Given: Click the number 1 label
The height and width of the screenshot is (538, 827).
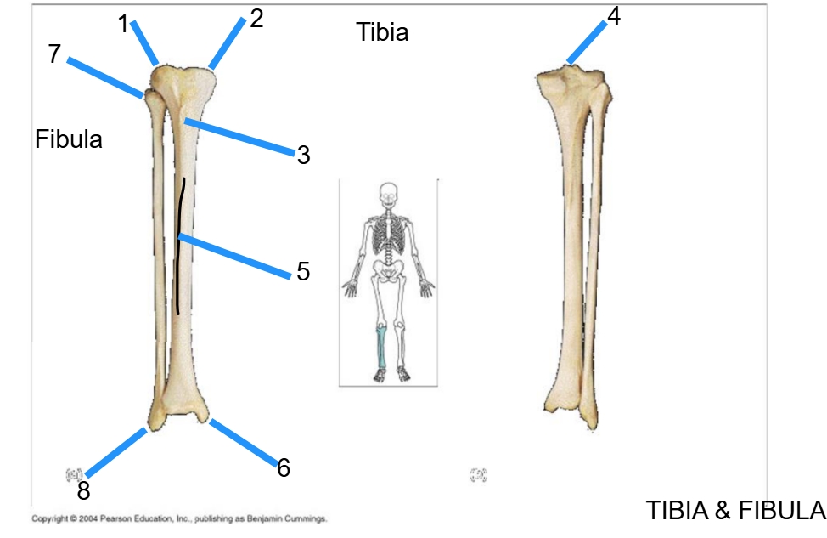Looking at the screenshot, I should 124,25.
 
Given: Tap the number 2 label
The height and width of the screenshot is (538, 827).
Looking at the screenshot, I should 256,19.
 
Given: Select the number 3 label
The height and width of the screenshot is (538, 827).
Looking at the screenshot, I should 303,156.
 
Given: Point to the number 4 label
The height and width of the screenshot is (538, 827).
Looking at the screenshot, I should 614,15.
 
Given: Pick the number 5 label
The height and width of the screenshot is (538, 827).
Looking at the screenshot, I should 303,272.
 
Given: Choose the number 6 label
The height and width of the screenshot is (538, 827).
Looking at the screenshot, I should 284,467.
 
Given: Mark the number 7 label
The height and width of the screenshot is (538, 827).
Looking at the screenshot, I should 55,54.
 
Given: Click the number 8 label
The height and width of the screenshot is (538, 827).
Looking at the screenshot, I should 83,490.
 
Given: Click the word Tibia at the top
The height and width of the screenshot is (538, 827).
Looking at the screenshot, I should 382,32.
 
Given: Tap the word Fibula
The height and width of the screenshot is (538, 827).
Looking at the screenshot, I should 69,139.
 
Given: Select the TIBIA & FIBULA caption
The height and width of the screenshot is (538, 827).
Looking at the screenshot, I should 735,510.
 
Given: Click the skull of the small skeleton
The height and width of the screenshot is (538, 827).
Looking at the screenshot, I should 388,195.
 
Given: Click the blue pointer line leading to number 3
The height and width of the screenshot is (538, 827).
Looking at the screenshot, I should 239,138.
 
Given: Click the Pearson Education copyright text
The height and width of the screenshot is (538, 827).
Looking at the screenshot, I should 178,518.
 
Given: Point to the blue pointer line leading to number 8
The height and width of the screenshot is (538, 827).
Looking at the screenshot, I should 116,452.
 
